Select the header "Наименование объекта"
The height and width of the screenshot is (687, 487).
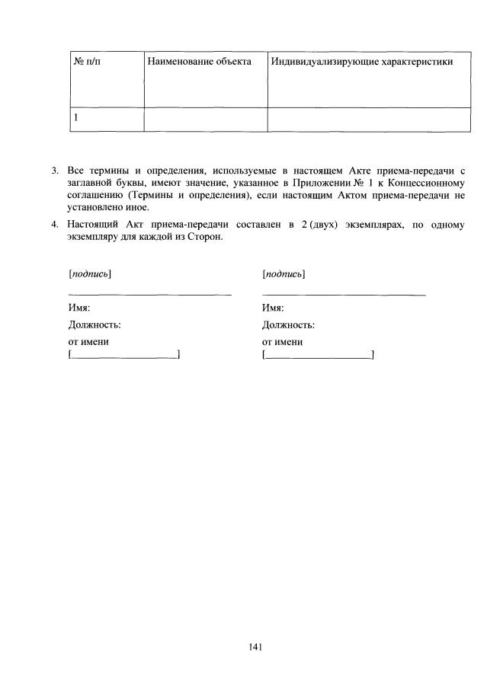point(199,61)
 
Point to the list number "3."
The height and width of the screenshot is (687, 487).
point(55,171)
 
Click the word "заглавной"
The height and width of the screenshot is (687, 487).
point(89,184)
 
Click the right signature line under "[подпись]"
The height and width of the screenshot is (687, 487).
point(343,294)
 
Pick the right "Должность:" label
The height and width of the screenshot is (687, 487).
point(288,324)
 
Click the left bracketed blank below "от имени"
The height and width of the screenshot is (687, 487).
point(124,354)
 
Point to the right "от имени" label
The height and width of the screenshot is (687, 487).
point(282,342)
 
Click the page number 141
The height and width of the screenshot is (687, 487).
point(255,647)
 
